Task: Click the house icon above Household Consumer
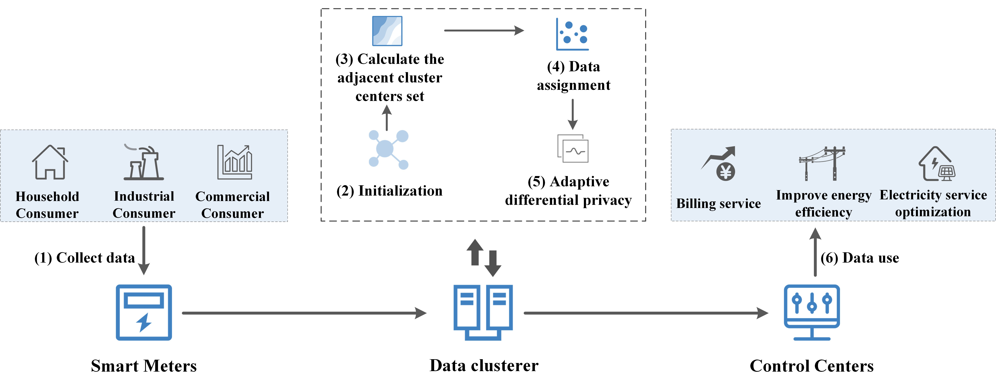coord(50,162)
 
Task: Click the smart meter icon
coord(144,313)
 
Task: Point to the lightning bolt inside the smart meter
coord(144,322)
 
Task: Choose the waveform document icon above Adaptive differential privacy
coord(573,148)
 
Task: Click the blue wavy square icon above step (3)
coord(387,31)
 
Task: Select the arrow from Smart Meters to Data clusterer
coord(304,313)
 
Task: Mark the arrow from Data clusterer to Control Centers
coord(646,313)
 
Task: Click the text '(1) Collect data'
coord(85,258)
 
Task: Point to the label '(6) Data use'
coord(860,258)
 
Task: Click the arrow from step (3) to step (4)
coord(484,30)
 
